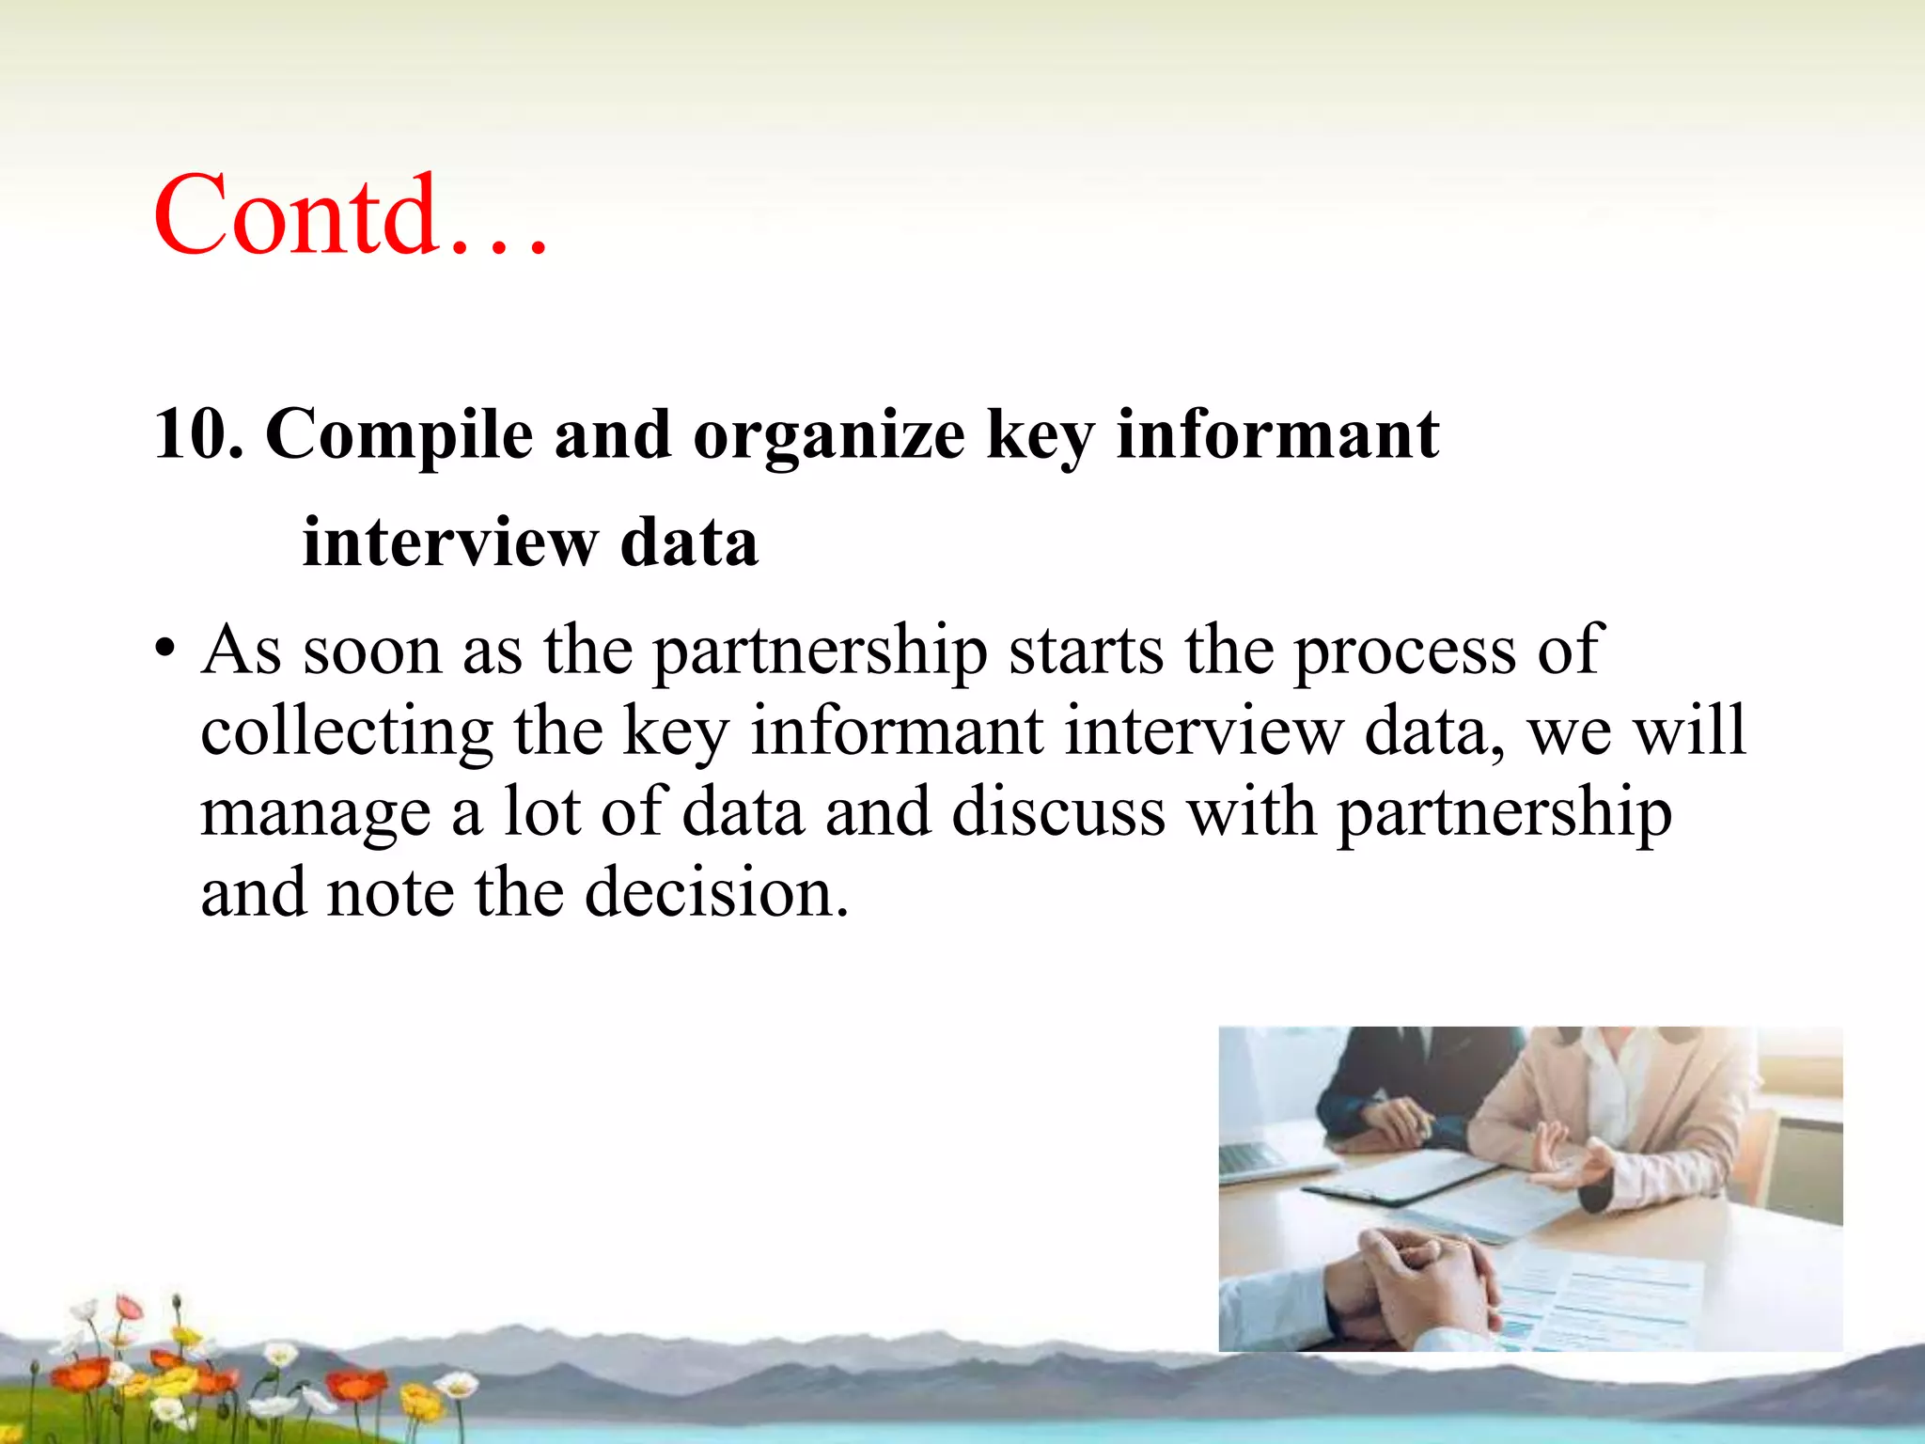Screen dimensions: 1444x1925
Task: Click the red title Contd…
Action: (350, 216)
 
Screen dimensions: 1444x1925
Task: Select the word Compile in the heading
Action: (399, 435)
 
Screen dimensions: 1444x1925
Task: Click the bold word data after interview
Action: (689, 543)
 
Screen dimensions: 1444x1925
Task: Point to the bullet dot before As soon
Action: (165, 650)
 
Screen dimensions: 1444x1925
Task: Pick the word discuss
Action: (1058, 812)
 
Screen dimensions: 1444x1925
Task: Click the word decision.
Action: (716, 893)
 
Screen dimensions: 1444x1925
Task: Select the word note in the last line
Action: (390, 893)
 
